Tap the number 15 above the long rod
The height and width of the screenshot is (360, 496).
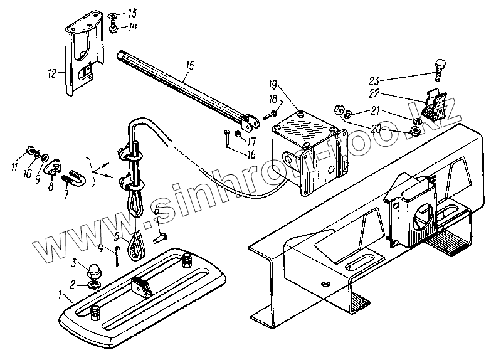click(x=189, y=64)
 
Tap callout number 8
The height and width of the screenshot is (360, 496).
click(x=51, y=186)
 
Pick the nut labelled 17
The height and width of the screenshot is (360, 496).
click(x=239, y=133)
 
